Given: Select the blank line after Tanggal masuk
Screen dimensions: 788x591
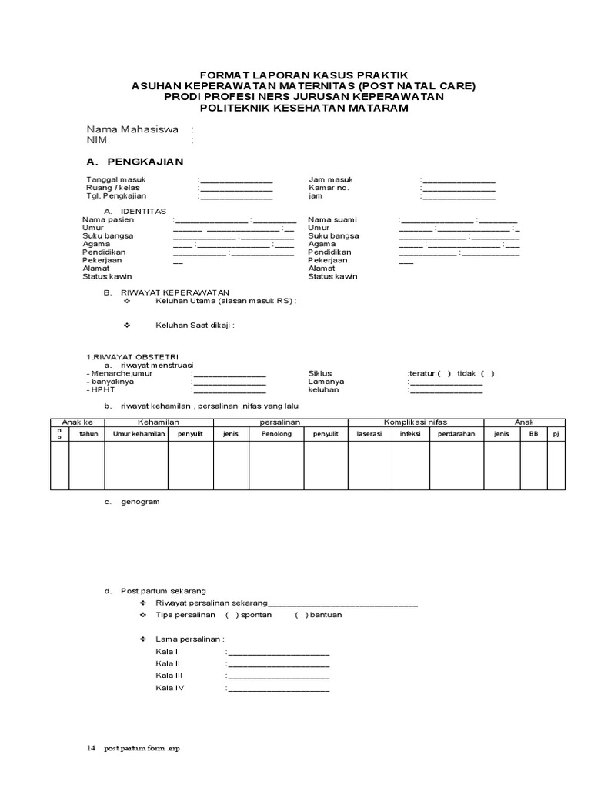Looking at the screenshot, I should click(236, 181).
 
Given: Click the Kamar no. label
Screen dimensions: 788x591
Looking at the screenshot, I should click(329, 188).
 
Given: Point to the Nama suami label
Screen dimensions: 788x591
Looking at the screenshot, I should click(332, 219).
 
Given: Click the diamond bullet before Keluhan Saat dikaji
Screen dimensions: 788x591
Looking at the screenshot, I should click(129, 325).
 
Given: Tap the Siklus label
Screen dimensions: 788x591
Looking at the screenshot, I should click(319, 373).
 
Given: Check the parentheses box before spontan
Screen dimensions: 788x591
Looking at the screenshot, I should click(232, 615).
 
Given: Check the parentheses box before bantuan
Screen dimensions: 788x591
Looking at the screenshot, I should click(301, 615).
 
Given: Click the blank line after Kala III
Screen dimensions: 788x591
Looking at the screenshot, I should click(279, 676).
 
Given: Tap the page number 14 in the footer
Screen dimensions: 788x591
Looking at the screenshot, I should click(91, 747).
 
